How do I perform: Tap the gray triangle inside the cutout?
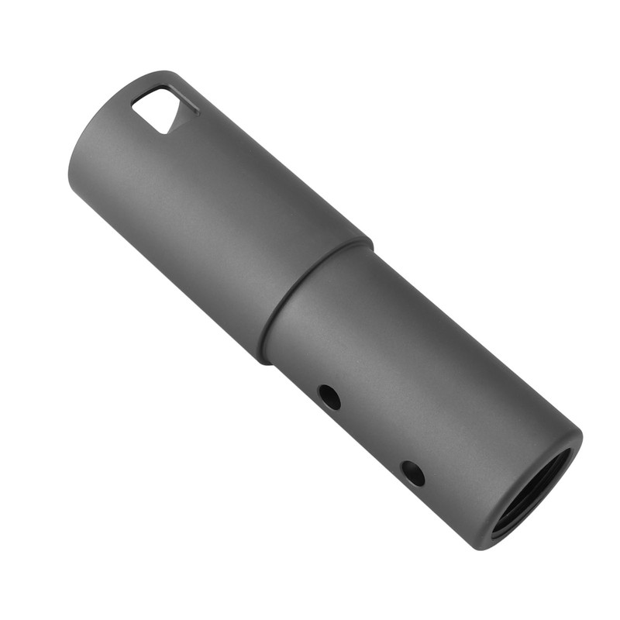[x=176, y=116]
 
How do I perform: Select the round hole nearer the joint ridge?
[x=329, y=397]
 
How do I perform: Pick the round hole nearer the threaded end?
[x=413, y=473]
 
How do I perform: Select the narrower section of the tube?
[x=418, y=372]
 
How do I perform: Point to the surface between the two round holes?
[x=371, y=435]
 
